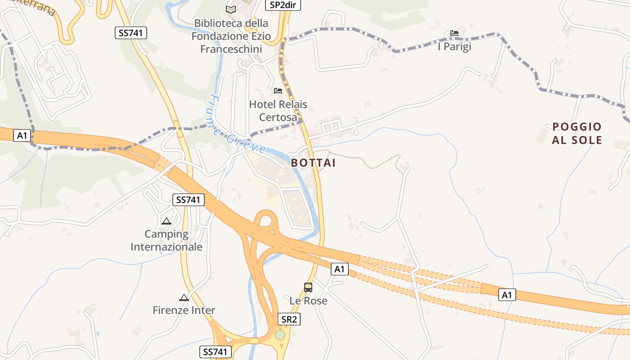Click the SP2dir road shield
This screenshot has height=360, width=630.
[x=283, y=5]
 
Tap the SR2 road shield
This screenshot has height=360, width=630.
[x=288, y=319]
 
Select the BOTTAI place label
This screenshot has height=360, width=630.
[x=313, y=163]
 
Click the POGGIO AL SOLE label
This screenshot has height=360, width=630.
[x=577, y=133]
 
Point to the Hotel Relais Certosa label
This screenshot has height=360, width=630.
[x=278, y=111]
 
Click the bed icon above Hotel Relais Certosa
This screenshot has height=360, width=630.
[x=278, y=91]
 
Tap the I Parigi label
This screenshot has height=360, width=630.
[x=454, y=46]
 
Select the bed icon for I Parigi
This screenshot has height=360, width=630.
[x=454, y=33]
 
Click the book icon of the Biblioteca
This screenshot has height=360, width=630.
[x=231, y=9]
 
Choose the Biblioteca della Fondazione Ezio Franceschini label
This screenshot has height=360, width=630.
[x=231, y=36]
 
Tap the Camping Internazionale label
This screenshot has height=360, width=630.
[x=166, y=240]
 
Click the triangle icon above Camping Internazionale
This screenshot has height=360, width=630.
[x=166, y=221]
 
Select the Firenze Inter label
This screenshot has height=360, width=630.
[x=184, y=310]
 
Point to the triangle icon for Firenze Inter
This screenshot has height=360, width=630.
[x=184, y=297]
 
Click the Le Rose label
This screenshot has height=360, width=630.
[x=308, y=301]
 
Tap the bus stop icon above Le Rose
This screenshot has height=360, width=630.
[x=308, y=287]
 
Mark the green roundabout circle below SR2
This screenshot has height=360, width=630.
[x=280, y=335]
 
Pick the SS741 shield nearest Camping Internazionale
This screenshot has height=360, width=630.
[x=189, y=200]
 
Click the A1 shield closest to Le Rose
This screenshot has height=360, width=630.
[x=340, y=269]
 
